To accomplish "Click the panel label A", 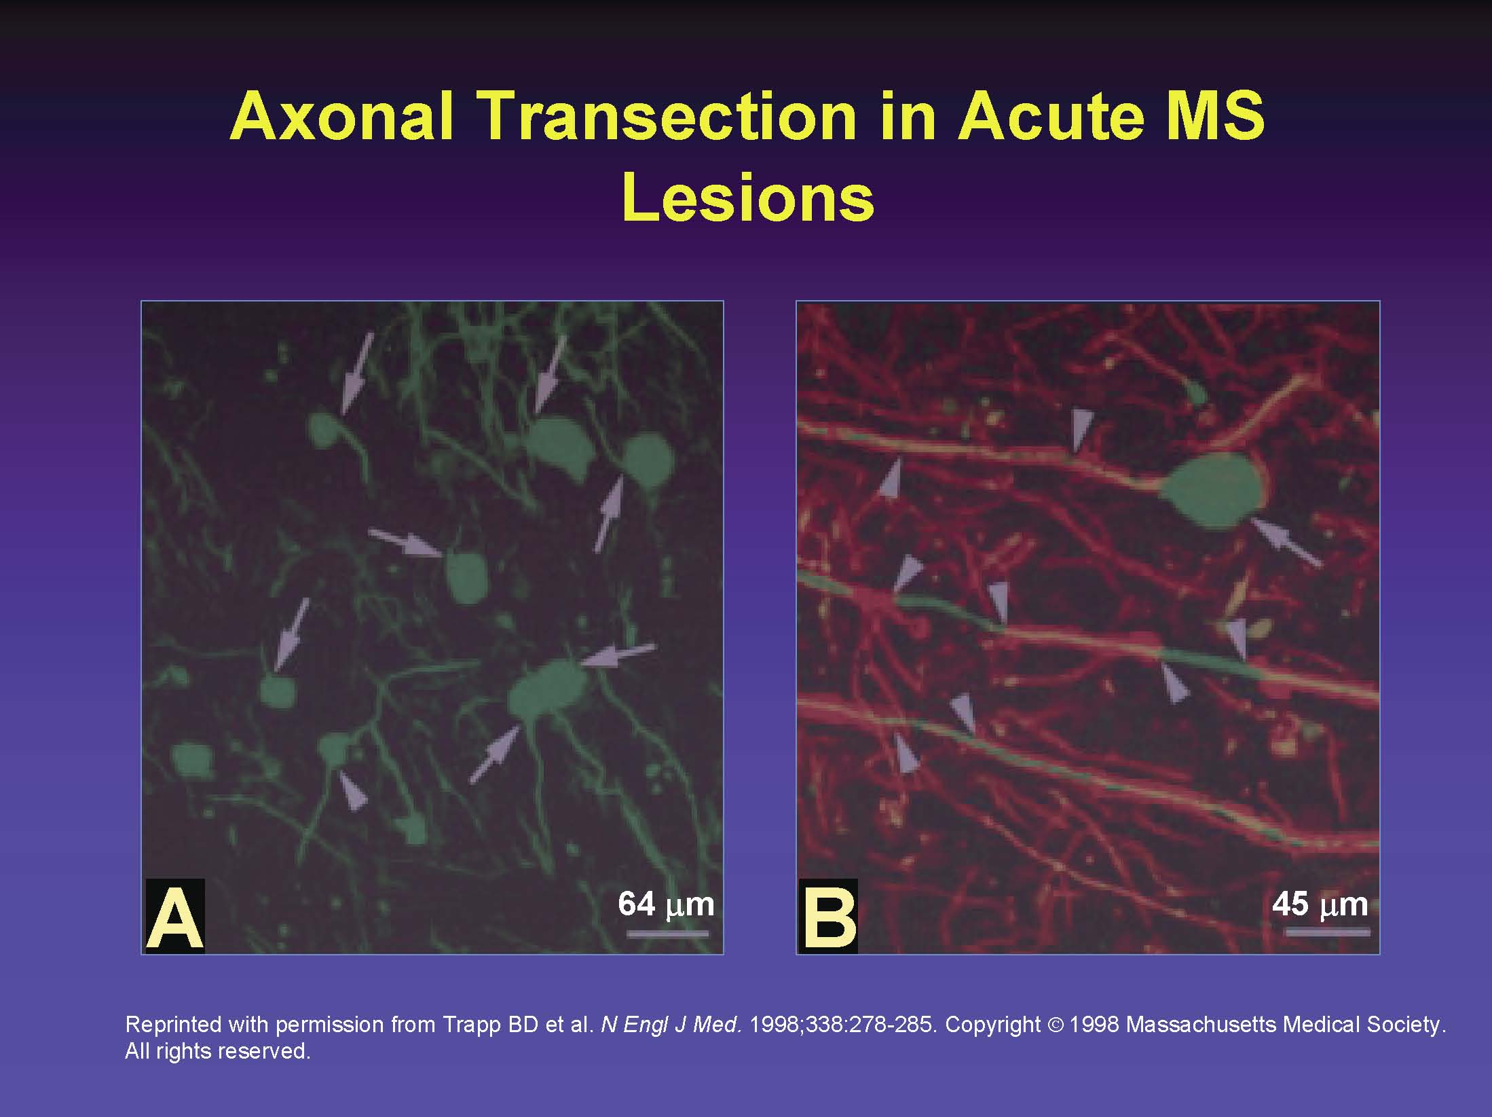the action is pos(175,916).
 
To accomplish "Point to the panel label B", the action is pos(829,916).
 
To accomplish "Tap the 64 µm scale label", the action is pos(666,904).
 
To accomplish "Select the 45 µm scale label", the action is pos(1320,904).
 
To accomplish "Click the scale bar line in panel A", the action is pos(667,934).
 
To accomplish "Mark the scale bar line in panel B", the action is pos(1328,933).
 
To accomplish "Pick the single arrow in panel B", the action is pos(1286,541).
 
